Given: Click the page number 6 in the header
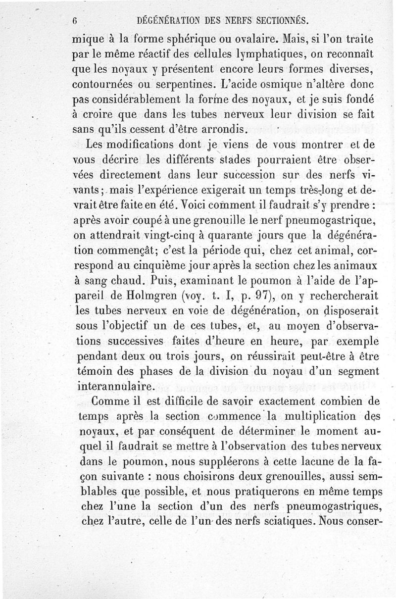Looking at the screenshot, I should (75, 21).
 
